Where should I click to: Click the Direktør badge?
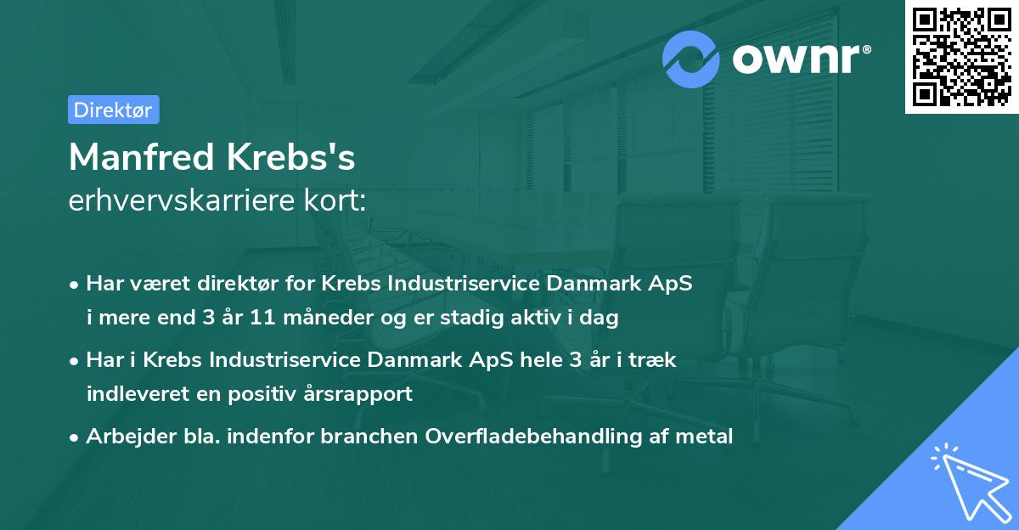click(113, 110)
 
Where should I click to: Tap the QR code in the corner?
click(961, 57)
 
